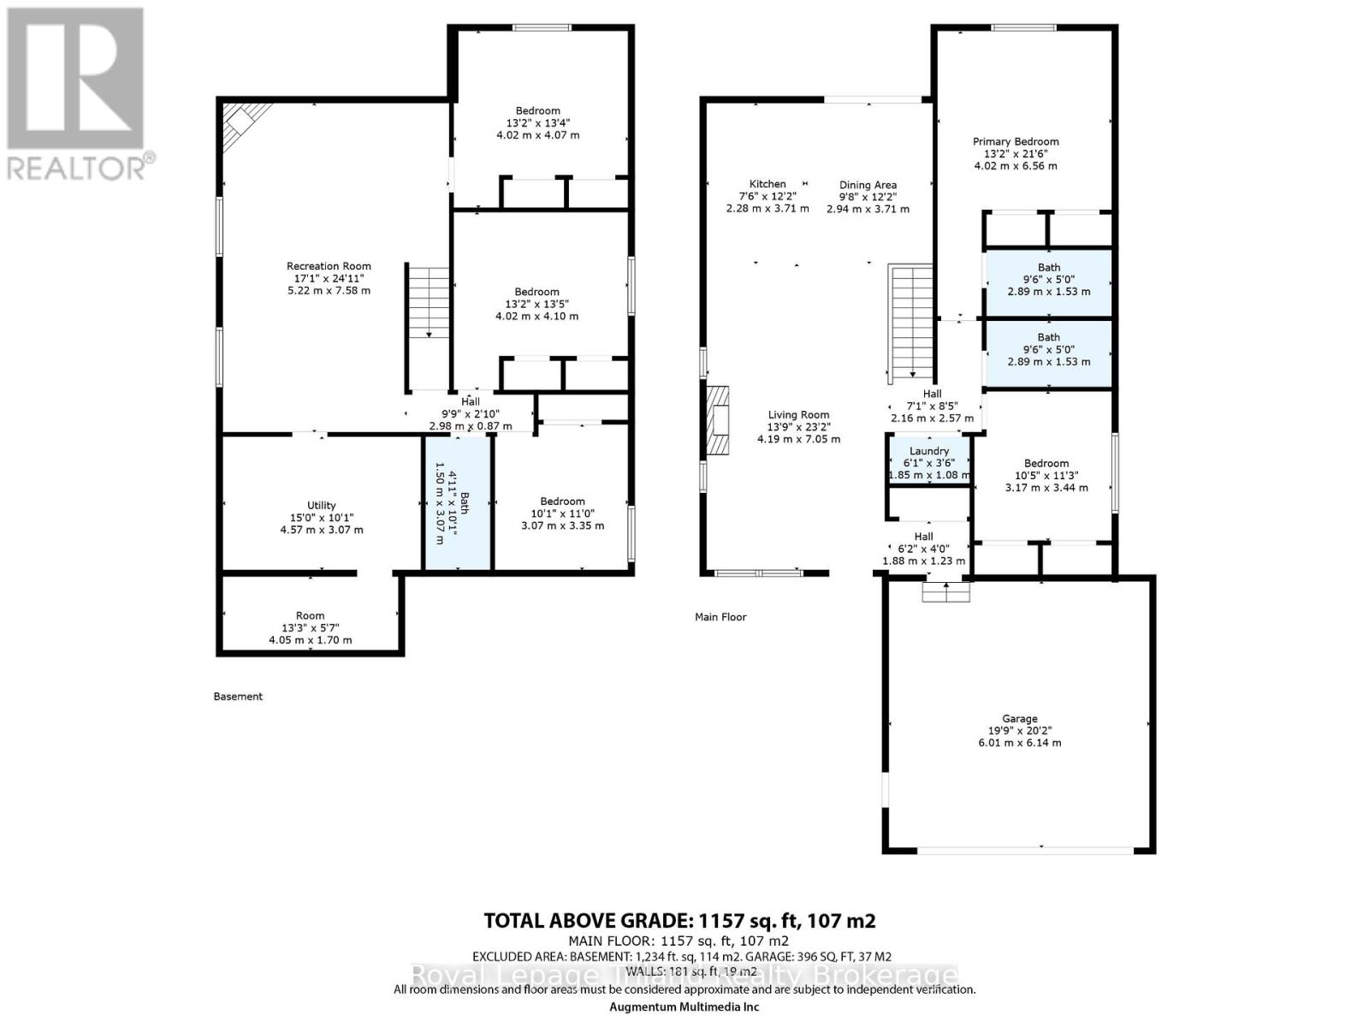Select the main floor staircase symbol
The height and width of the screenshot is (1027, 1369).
pyautogui.click(x=910, y=321)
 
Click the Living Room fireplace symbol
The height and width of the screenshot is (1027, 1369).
pyautogui.click(x=717, y=419)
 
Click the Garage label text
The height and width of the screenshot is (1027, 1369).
pyautogui.click(x=1020, y=719)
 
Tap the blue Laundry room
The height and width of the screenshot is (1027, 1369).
pyautogui.click(x=929, y=462)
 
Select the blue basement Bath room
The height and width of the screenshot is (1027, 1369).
pyautogui.click(x=459, y=503)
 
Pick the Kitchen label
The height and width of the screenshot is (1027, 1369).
pyautogui.click(x=767, y=184)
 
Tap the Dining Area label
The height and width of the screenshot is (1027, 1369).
pyautogui.click(x=868, y=185)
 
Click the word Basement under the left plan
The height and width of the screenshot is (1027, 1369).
pyautogui.click(x=238, y=697)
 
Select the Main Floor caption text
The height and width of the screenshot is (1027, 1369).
pyautogui.click(x=720, y=617)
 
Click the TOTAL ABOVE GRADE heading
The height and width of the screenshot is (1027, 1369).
pyautogui.click(x=679, y=921)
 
